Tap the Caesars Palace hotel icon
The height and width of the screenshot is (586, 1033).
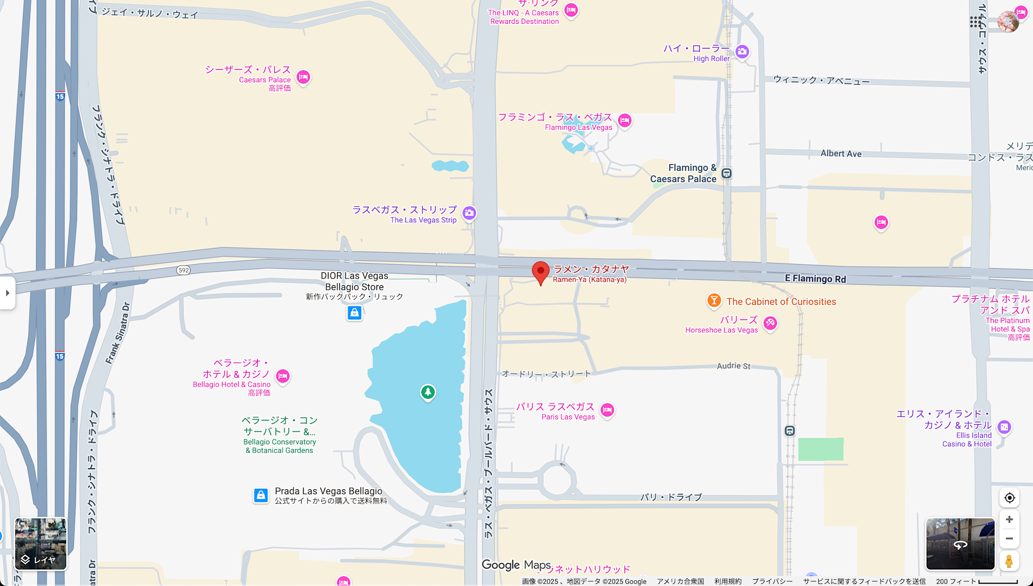pos(303,78)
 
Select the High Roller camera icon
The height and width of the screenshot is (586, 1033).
pos(742,52)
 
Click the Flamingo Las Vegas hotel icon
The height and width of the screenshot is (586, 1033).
pos(624,121)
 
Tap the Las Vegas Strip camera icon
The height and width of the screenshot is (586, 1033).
pos(469,213)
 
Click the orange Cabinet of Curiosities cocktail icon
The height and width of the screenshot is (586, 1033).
pos(714,300)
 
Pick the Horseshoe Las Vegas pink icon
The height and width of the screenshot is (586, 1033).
pos(770,323)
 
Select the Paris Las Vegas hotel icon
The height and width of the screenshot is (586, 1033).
pos(607,410)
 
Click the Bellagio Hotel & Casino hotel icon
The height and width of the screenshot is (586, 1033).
pos(283,376)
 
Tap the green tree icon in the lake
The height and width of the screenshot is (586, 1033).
pos(428,392)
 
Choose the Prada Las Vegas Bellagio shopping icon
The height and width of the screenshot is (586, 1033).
pos(261,496)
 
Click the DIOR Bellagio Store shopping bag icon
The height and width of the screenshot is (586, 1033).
pos(354,313)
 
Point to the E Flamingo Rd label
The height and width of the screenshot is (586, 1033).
pos(815,279)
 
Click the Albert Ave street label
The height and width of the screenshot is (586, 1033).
pos(841,153)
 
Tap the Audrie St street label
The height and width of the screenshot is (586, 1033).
pos(733,366)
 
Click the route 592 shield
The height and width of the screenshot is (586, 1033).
pos(183,270)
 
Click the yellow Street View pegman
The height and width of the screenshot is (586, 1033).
pos(1009,561)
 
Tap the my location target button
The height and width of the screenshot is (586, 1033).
pos(1009,498)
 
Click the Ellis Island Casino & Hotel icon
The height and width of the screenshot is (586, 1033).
pos(1004,427)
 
